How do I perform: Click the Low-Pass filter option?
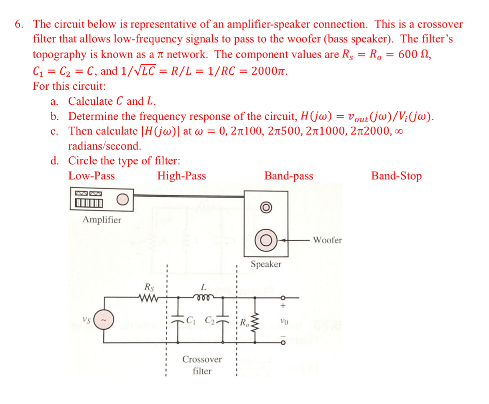pyautogui.click(x=92, y=176)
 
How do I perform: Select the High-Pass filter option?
pyautogui.click(x=181, y=176)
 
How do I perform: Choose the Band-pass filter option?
pyautogui.click(x=288, y=176)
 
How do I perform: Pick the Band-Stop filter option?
pyautogui.click(x=396, y=176)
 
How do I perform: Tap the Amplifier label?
pyautogui.click(x=102, y=220)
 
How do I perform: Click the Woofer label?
pyautogui.click(x=327, y=240)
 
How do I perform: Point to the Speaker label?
pyautogui.click(x=266, y=264)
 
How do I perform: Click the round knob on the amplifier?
pyautogui.click(x=122, y=200)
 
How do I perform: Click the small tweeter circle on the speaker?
pyautogui.click(x=266, y=207)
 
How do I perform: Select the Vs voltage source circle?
pyautogui.click(x=104, y=320)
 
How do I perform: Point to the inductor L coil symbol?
pyautogui.click(x=203, y=298)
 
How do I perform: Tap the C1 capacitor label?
pyautogui.click(x=191, y=321)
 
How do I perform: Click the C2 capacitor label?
pyautogui.click(x=211, y=321)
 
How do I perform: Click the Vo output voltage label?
pyautogui.click(x=284, y=322)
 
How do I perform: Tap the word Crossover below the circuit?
pyautogui.click(x=202, y=359)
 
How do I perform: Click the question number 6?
pyautogui.click(x=18, y=24)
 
